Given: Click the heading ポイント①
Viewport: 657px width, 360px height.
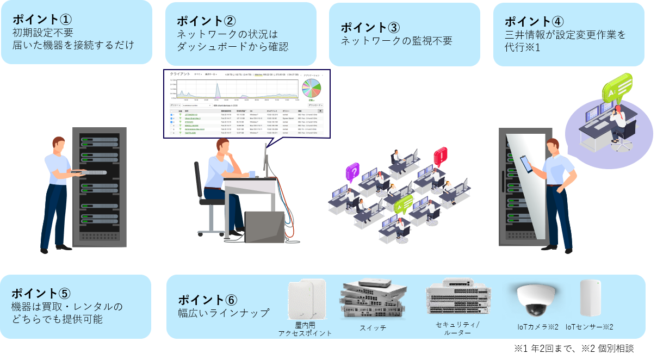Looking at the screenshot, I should point(42,18).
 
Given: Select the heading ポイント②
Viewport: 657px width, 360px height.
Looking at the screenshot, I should point(207,21).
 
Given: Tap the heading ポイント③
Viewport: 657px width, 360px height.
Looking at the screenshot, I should point(370,27).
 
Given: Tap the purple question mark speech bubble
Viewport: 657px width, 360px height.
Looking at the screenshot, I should point(353,173).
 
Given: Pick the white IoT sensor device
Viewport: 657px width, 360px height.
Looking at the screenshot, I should point(590,297).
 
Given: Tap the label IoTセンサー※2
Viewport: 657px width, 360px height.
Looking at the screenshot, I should point(590,327).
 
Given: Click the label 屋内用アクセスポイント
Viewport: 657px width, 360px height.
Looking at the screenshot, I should point(305,328).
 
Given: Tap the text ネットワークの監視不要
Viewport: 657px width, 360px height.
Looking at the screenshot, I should point(396,41).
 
